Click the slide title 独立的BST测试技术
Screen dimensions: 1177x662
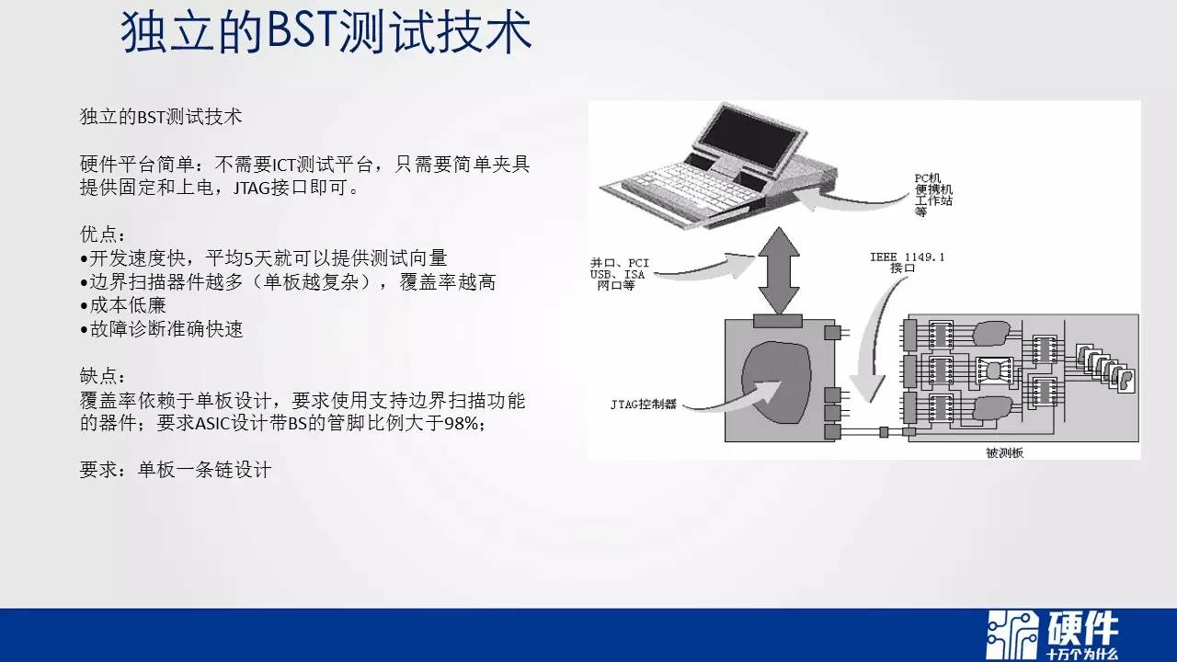pyautogui.click(x=326, y=32)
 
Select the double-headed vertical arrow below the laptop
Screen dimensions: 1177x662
pyautogui.click(x=779, y=270)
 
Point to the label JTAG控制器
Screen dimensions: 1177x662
pyautogui.click(x=643, y=405)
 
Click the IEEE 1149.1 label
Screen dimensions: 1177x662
pyautogui.click(x=907, y=257)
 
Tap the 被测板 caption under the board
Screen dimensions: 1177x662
pyautogui.click(x=1005, y=453)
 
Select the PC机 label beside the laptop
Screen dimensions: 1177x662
pyautogui.click(x=927, y=178)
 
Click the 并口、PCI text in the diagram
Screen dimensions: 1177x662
pyautogui.click(x=620, y=263)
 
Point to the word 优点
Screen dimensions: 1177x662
pyautogui.click(x=98, y=234)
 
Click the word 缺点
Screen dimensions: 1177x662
pyautogui.click(x=98, y=376)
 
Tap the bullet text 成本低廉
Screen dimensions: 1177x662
pyautogui.click(x=128, y=305)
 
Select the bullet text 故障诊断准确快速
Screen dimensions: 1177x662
pyautogui.click(x=166, y=329)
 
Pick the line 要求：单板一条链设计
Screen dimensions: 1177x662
pyautogui.click(x=176, y=470)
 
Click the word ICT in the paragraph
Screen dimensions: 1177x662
pyautogui.click(x=284, y=165)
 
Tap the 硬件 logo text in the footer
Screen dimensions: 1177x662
pyautogui.click(x=1082, y=628)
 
